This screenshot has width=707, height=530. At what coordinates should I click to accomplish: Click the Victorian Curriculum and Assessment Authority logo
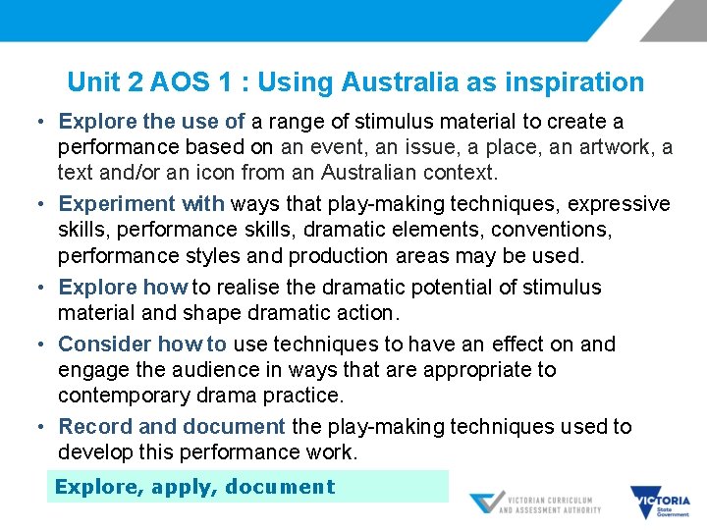coord(535,502)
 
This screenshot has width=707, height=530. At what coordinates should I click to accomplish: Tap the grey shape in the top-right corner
coord(676,20)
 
